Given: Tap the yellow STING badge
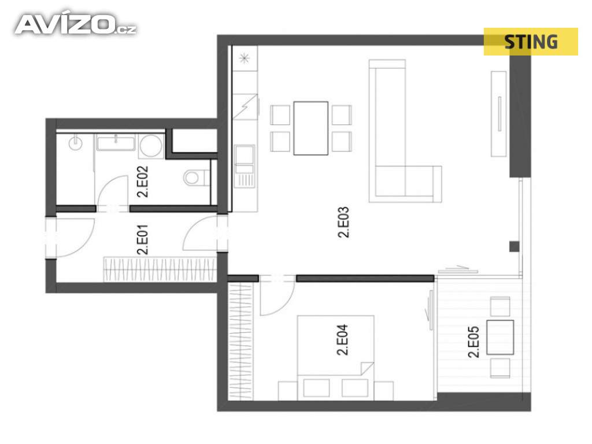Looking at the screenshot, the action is tap(531, 42).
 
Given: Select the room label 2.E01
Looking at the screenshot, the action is tap(142, 239).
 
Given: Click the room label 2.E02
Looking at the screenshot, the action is tap(142, 182).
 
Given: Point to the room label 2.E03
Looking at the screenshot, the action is tap(343, 222).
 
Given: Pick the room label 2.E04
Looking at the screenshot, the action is tap(342, 340).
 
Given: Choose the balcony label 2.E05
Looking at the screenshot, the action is tap(473, 342).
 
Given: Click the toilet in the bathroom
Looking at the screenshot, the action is tap(197, 177).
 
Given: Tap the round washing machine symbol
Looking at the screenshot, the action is tap(150, 146).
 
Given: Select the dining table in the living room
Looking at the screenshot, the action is tap(310, 128).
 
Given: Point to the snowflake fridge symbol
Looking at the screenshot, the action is tap(245, 58).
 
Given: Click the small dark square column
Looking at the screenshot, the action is tap(514, 246).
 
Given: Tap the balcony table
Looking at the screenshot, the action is tap(500, 337).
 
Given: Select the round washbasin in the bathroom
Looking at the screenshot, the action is tap(76, 143).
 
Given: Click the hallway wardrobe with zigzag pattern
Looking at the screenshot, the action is tap(160, 269).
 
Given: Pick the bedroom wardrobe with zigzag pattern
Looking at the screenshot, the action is tap(240, 341).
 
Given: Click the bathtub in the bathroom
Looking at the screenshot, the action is tap(116, 143).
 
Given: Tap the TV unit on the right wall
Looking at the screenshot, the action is tap(499, 114).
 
